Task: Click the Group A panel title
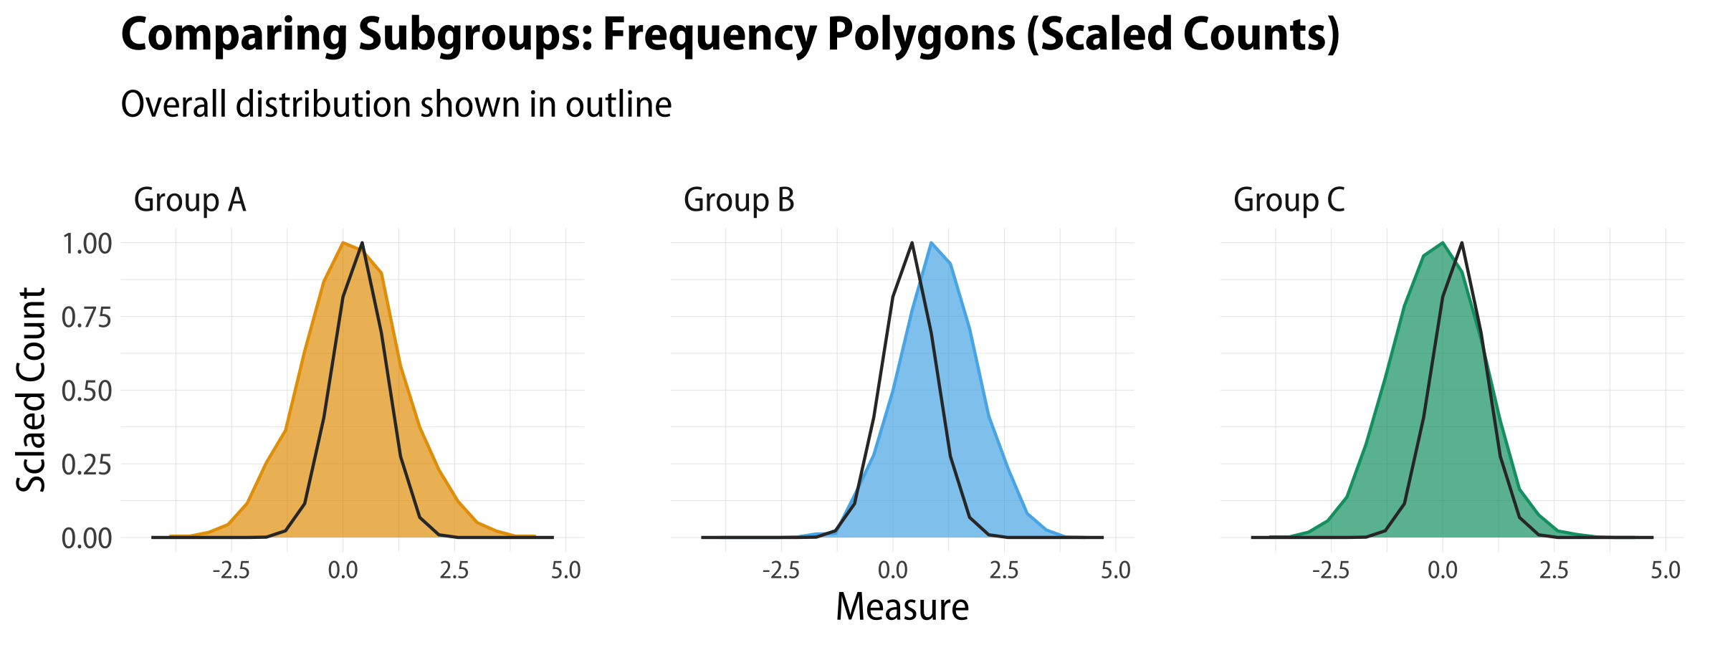(190, 200)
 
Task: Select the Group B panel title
(739, 200)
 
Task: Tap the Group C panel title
(1289, 200)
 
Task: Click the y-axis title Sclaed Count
(32, 391)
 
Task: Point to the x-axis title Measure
(902, 607)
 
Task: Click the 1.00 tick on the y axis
(87, 244)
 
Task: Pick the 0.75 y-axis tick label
(87, 317)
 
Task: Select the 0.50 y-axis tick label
(87, 391)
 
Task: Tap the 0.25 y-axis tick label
(87, 465)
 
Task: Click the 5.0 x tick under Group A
(565, 570)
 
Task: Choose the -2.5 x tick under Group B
(780, 570)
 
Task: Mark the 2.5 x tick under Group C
(1554, 570)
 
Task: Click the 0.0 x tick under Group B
(892, 570)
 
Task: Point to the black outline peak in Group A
(362, 243)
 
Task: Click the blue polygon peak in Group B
(931, 243)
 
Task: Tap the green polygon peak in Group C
(1442, 243)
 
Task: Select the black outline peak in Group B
(912, 243)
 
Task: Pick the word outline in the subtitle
(618, 105)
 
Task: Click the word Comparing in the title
(234, 34)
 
